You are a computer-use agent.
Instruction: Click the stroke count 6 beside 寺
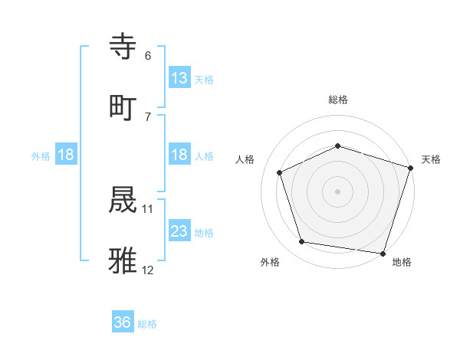pyautogui.click(x=148, y=56)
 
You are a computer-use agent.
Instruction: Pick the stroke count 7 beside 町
pyautogui.click(x=148, y=116)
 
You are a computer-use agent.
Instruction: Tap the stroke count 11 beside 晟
pyautogui.click(x=148, y=208)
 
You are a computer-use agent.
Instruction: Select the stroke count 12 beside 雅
pyautogui.click(x=148, y=270)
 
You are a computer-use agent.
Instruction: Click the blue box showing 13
pyautogui.click(x=179, y=78)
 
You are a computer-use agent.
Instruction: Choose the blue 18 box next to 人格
pyautogui.click(x=179, y=155)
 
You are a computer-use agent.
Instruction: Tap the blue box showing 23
pyautogui.click(x=179, y=231)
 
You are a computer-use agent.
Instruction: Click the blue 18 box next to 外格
pyautogui.click(x=66, y=155)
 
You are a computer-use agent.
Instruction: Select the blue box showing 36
pyautogui.click(x=123, y=322)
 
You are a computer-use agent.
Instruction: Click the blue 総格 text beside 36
pyautogui.click(x=148, y=324)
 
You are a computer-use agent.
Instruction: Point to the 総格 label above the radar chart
pyautogui.click(x=338, y=100)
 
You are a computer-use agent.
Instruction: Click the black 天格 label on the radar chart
pyautogui.click(x=431, y=159)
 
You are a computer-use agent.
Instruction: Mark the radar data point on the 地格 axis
pyautogui.click(x=383, y=253)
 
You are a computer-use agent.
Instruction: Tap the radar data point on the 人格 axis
pyautogui.click(x=280, y=172)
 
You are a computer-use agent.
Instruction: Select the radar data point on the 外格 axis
pyautogui.click(x=302, y=242)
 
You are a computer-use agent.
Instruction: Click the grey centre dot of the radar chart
pyautogui.click(x=338, y=191)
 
